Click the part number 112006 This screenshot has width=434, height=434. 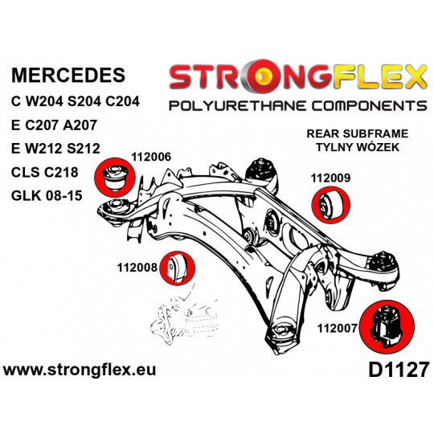click(x=151, y=158)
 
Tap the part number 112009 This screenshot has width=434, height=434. click(x=330, y=178)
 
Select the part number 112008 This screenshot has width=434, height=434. click(x=137, y=268)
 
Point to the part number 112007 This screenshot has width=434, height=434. click(x=337, y=329)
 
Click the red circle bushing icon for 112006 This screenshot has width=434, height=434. click(x=115, y=178)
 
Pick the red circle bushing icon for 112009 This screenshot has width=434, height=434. click(x=331, y=205)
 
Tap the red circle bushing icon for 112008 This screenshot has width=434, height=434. click(x=178, y=268)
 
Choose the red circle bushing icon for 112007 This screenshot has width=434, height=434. click(x=387, y=327)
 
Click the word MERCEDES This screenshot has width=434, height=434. click(x=68, y=75)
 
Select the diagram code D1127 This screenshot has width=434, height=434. click(x=399, y=371)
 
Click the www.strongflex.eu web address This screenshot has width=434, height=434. click(x=80, y=370)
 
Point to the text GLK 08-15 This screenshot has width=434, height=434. click(x=47, y=195)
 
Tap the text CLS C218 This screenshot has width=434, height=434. click(x=44, y=172)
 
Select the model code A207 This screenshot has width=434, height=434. click(x=80, y=125)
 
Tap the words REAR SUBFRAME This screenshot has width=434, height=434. click(x=358, y=133)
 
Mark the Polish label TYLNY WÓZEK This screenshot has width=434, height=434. click(x=358, y=147)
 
